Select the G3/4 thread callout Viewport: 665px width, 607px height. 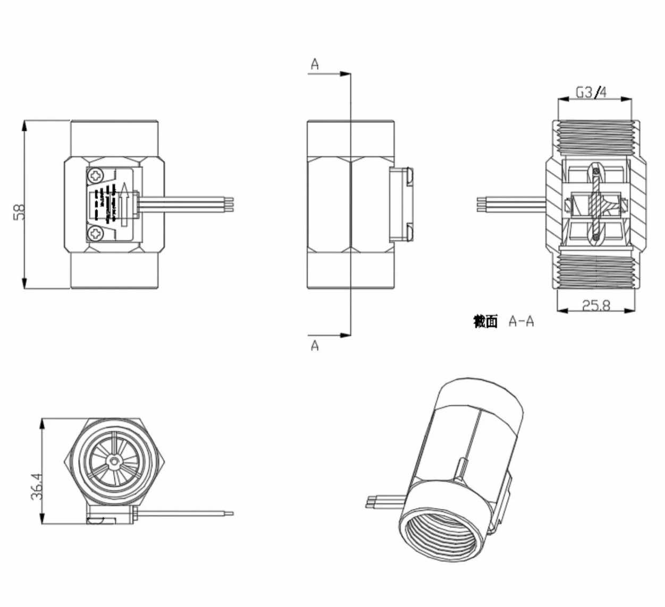tap(591, 92)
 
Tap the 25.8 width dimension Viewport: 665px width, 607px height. tap(595, 305)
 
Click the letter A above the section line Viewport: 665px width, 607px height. tap(315, 65)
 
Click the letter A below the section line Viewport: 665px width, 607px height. tap(315, 345)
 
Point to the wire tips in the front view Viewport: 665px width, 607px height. tap(230, 204)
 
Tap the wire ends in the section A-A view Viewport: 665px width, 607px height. tap(481, 204)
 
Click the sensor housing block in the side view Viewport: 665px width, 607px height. tap(401, 204)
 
